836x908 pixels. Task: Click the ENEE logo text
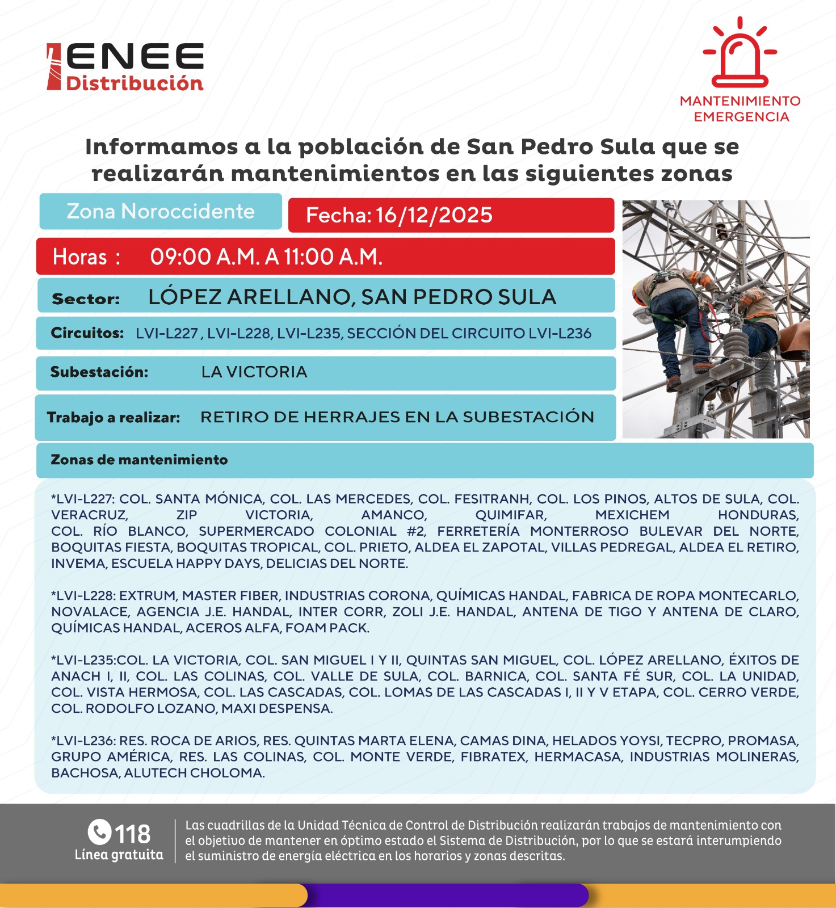pos(135,57)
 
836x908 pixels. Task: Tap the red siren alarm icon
pos(740,54)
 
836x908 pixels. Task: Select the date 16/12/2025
pos(434,216)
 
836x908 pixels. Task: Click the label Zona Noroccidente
pos(161,212)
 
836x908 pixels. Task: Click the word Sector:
pos(86,299)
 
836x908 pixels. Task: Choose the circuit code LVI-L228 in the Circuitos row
pos(238,333)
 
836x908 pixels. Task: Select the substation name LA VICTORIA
pos(254,372)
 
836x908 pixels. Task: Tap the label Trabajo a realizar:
pos(114,418)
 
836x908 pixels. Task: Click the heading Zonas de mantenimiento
pos(139,460)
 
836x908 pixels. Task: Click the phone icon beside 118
pos(99,833)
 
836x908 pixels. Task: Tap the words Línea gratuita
pos(119,855)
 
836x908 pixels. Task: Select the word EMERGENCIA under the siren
pos(741,117)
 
